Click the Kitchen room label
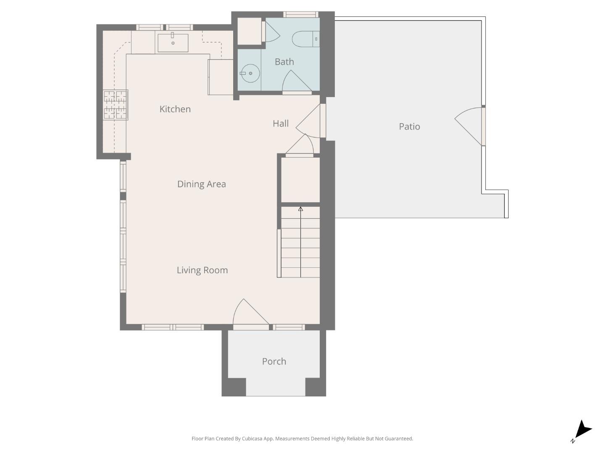tap(175, 109)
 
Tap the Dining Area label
tap(201, 184)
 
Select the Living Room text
tap(202, 270)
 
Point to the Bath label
tap(284, 62)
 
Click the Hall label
tap(280, 124)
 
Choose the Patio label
tap(409, 127)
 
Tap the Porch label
tap(274, 362)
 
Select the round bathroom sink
tap(250, 73)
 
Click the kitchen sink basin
tap(173, 43)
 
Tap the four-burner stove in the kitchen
tap(116, 105)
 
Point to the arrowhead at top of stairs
tap(300, 209)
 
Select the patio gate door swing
tap(470, 124)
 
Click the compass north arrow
tap(582, 430)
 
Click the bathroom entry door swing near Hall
tap(296, 82)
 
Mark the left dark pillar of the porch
tap(234, 387)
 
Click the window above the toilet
tap(300, 15)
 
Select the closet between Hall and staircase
tap(300, 179)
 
